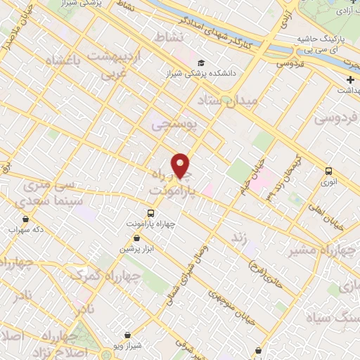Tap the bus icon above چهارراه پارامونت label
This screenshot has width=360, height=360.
coord(150,212)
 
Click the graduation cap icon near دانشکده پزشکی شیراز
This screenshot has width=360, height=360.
coord(201,63)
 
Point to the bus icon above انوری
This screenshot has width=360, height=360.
coord(328,170)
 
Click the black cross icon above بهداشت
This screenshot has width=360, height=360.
coord(350,79)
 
